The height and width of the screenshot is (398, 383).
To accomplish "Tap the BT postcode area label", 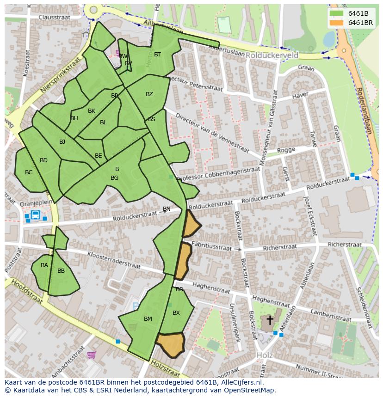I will click(157, 55).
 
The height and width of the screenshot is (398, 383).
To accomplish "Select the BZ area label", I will click(149, 94).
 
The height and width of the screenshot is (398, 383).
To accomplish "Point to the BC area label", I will click(29, 172).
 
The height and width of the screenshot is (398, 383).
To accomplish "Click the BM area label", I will click(148, 319).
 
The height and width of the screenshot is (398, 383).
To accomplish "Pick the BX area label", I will click(176, 313).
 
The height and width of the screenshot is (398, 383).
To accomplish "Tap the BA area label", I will click(44, 265).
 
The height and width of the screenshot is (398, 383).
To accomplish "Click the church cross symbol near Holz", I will click(270, 320).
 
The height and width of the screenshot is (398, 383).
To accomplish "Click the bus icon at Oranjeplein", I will click(35, 215).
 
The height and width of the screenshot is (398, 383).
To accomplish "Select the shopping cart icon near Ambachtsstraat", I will click(91, 355).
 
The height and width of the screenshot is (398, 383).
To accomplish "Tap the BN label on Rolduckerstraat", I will click(167, 209).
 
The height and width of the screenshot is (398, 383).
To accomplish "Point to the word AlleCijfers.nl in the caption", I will click(240, 383).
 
